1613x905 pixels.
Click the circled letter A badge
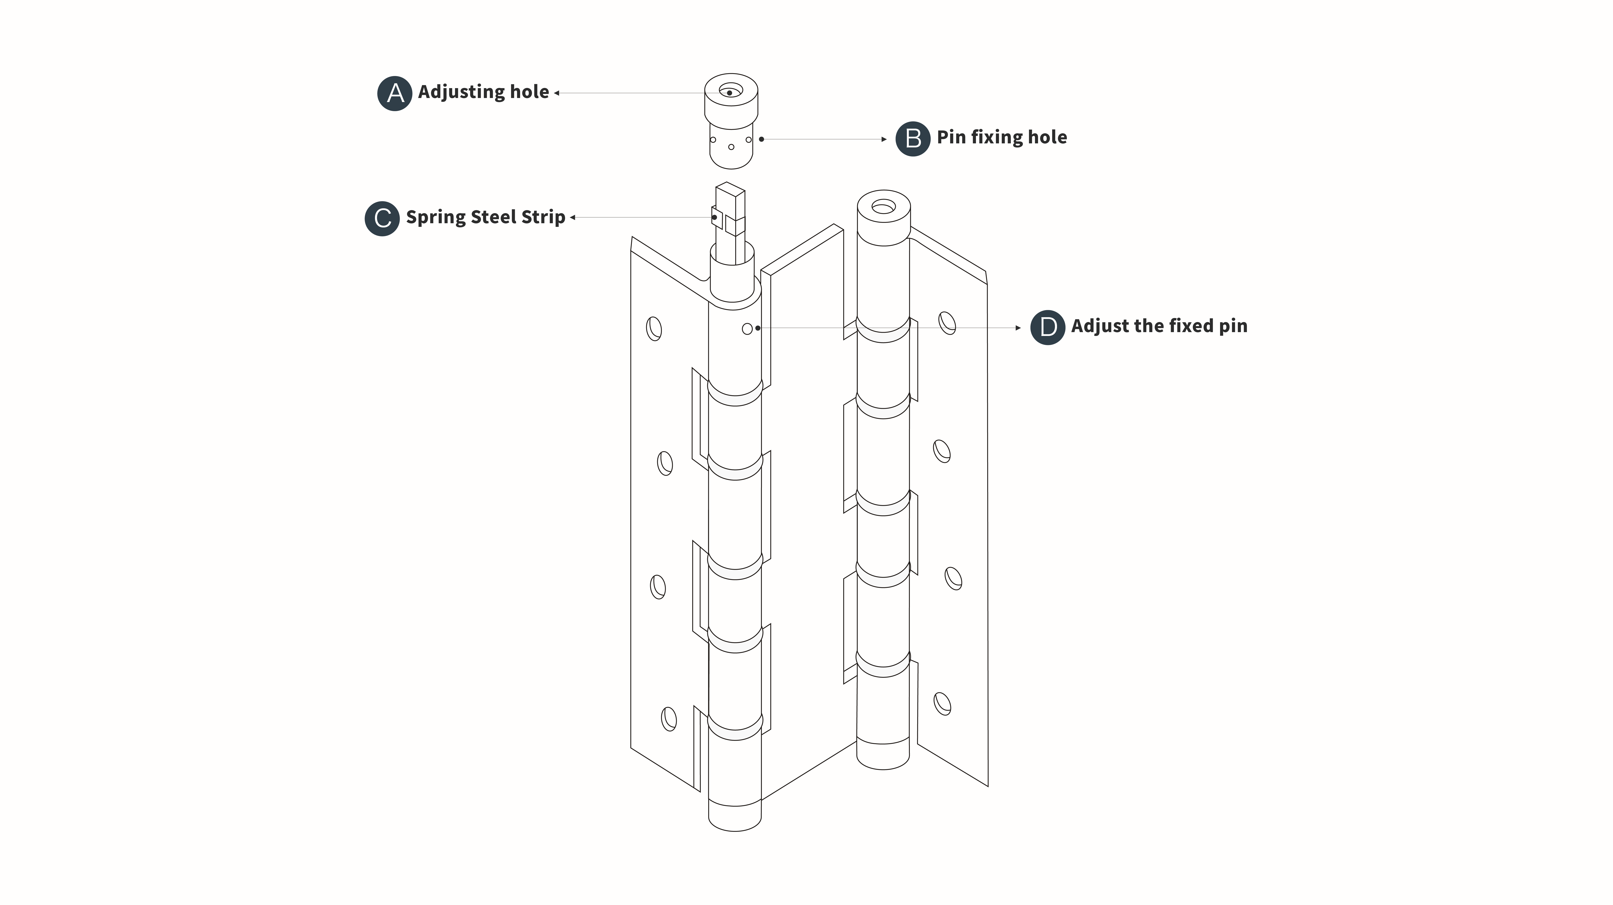pyautogui.click(x=395, y=93)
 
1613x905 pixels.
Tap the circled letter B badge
pyautogui.click(x=913, y=138)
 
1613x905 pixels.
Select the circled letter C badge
pyautogui.click(x=382, y=219)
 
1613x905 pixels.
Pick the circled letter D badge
pyautogui.click(x=1048, y=327)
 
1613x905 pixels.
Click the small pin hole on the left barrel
pyautogui.click(x=747, y=329)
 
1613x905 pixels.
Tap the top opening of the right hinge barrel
pyautogui.click(x=884, y=206)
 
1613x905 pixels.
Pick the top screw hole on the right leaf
pyautogui.click(x=947, y=323)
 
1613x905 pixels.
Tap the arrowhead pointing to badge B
pyautogui.click(x=884, y=139)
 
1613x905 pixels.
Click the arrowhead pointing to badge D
pyautogui.click(x=1018, y=327)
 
